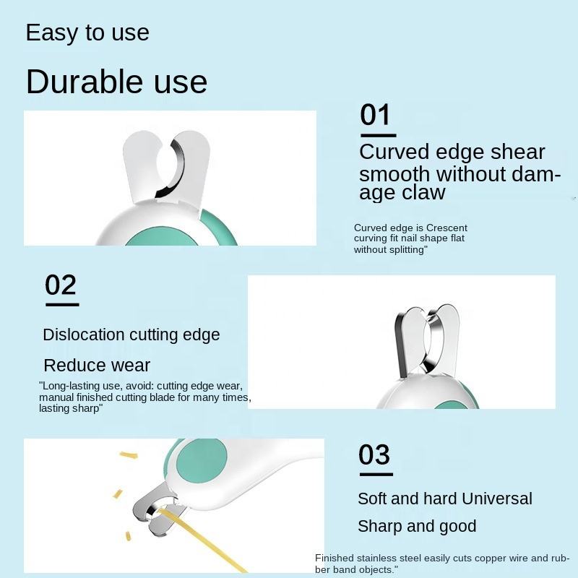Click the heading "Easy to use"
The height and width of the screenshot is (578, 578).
(x=87, y=33)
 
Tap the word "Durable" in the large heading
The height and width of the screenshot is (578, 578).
(x=85, y=82)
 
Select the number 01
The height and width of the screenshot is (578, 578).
(x=375, y=115)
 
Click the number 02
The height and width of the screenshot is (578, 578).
(x=61, y=285)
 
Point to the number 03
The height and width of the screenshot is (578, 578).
(x=374, y=454)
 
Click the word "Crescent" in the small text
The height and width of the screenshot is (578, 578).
(x=447, y=228)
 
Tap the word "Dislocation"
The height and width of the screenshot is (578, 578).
(x=84, y=335)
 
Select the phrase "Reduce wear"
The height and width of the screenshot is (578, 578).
(x=97, y=366)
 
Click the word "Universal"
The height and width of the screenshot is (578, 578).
(x=496, y=499)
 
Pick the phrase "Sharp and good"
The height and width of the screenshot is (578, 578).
(x=417, y=527)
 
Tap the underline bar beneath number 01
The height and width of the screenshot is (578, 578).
(x=378, y=136)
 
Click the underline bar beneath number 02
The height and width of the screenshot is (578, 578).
(x=62, y=305)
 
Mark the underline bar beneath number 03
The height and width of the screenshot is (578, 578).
(x=376, y=475)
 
